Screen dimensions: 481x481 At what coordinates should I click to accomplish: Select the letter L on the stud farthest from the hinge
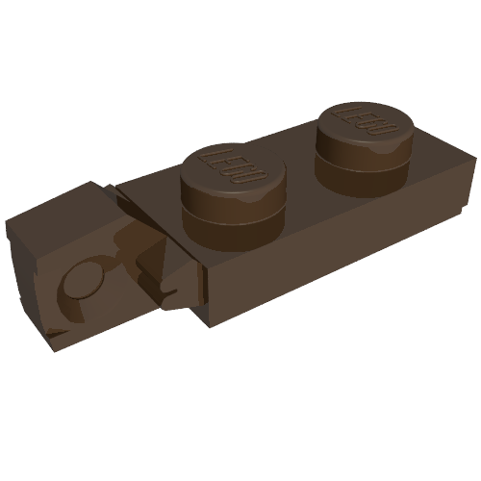click(x=342, y=113)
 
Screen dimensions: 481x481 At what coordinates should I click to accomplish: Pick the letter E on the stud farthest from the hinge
click(x=357, y=119)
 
